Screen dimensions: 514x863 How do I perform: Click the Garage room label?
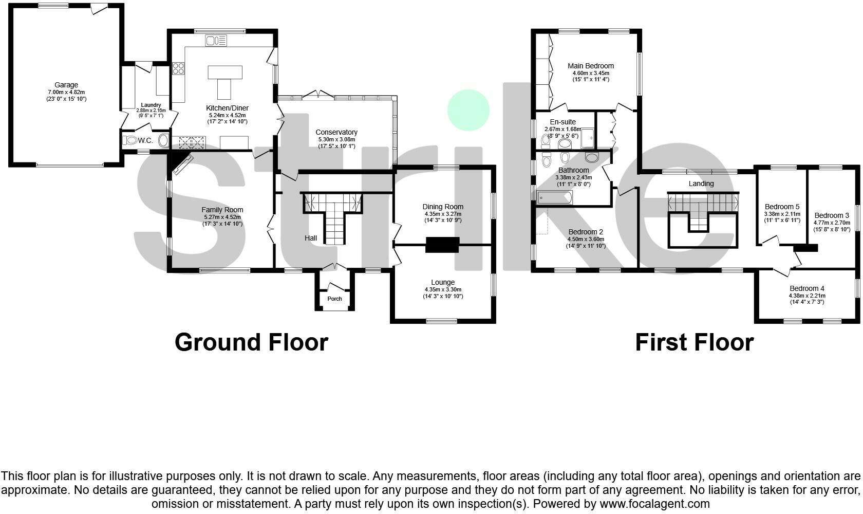click(66, 85)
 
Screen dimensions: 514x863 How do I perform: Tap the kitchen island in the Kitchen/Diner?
click(224, 77)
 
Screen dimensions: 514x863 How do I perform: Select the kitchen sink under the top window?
click(215, 40)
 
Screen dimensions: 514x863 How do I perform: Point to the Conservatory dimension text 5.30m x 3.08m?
click(336, 139)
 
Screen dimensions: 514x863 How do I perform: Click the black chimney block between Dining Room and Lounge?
click(442, 245)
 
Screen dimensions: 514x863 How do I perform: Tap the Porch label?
click(334, 299)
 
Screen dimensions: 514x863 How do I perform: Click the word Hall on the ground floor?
click(310, 238)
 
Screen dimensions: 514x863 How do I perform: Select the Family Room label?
click(222, 210)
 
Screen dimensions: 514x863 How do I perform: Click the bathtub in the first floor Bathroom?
click(554, 197)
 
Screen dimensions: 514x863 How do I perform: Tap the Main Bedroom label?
click(591, 66)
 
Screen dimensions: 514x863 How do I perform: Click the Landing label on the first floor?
click(701, 183)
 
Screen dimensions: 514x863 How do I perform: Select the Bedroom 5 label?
click(782, 207)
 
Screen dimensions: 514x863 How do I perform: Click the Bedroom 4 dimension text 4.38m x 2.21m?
click(806, 296)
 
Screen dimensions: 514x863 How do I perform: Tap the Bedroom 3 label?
click(832, 215)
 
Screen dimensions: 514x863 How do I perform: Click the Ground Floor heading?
click(251, 342)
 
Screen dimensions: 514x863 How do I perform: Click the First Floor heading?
click(694, 342)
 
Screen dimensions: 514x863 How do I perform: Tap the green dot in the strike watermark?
click(468, 109)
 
